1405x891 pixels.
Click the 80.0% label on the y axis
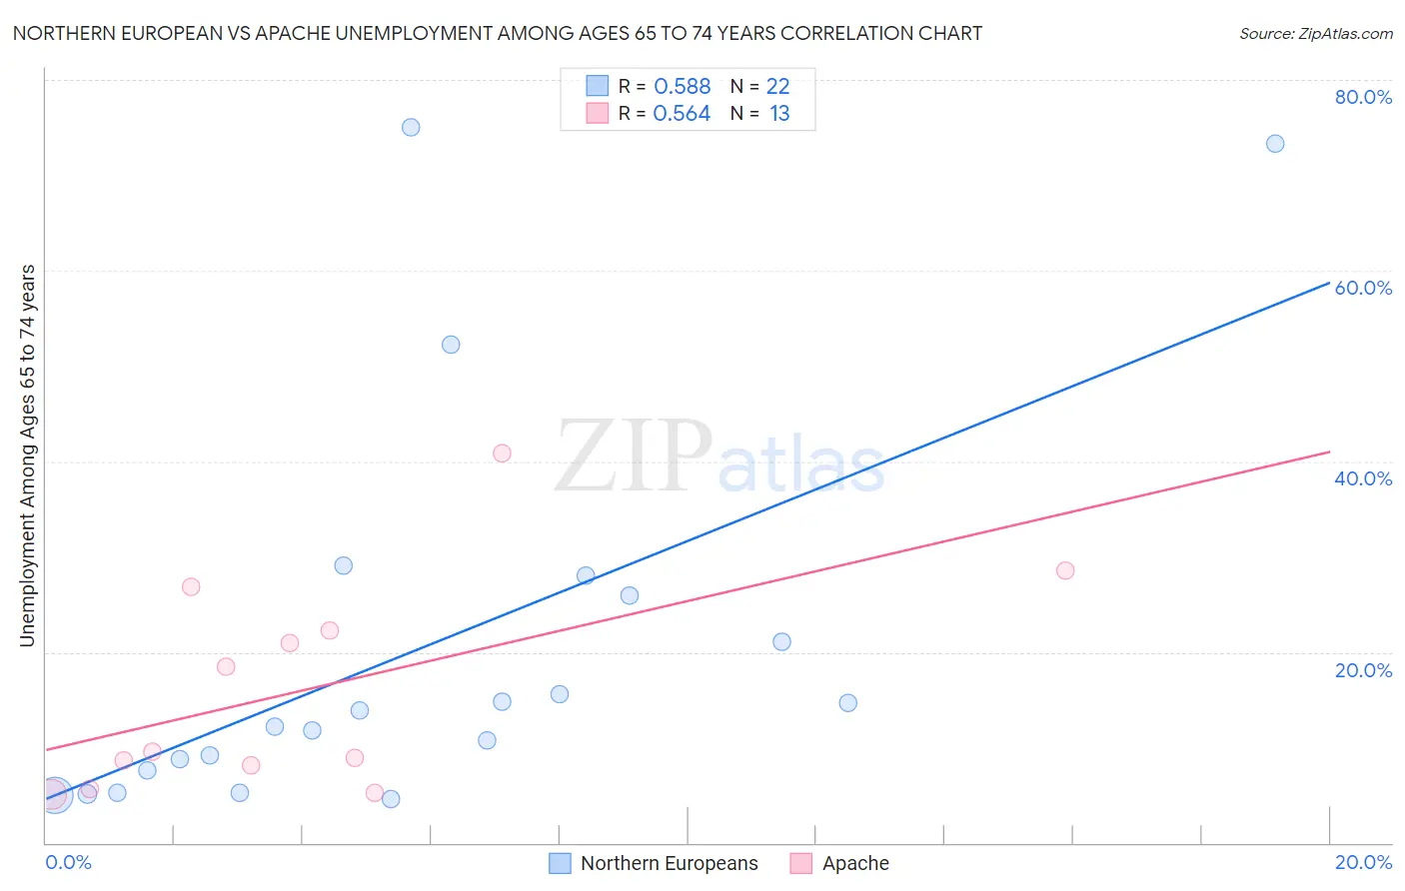click(1363, 97)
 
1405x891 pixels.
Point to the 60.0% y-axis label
click(1363, 288)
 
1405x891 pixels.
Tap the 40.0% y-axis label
click(1363, 478)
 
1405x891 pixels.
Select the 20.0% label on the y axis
click(1363, 670)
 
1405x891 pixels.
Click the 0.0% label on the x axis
click(68, 862)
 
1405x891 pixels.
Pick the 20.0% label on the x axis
click(1363, 862)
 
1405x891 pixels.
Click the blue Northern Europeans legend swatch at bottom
click(561, 863)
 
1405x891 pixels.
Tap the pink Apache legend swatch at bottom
click(800, 863)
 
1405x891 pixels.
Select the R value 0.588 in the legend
click(682, 87)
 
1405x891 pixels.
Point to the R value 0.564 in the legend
click(682, 114)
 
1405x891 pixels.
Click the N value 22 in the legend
click(777, 87)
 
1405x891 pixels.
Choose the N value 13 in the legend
click(779, 114)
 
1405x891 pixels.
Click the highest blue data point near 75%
click(411, 127)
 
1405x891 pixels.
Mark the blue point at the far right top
click(1275, 144)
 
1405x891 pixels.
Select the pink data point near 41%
click(502, 453)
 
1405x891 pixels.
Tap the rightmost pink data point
click(1065, 570)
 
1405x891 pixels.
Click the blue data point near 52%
click(451, 345)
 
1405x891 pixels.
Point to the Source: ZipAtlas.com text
click(1316, 34)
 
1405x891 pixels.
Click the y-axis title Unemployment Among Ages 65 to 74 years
click(28, 455)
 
